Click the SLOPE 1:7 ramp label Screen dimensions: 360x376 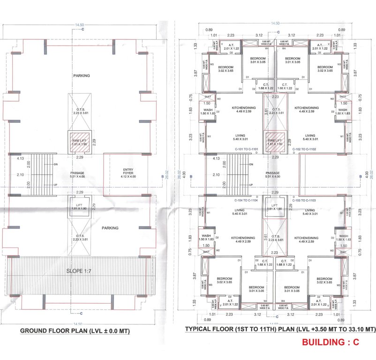(x=81, y=271)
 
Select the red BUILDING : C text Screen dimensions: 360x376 (x=330, y=342)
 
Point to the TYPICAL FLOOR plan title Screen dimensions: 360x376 (x=280, y=329)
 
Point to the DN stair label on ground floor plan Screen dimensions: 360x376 (x=56, y=165)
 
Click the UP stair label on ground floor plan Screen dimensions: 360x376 (x=56, y=186)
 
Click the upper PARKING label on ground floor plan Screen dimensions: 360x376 (x=81, y=75)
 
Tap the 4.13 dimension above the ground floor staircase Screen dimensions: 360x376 (x=20, y=158)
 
